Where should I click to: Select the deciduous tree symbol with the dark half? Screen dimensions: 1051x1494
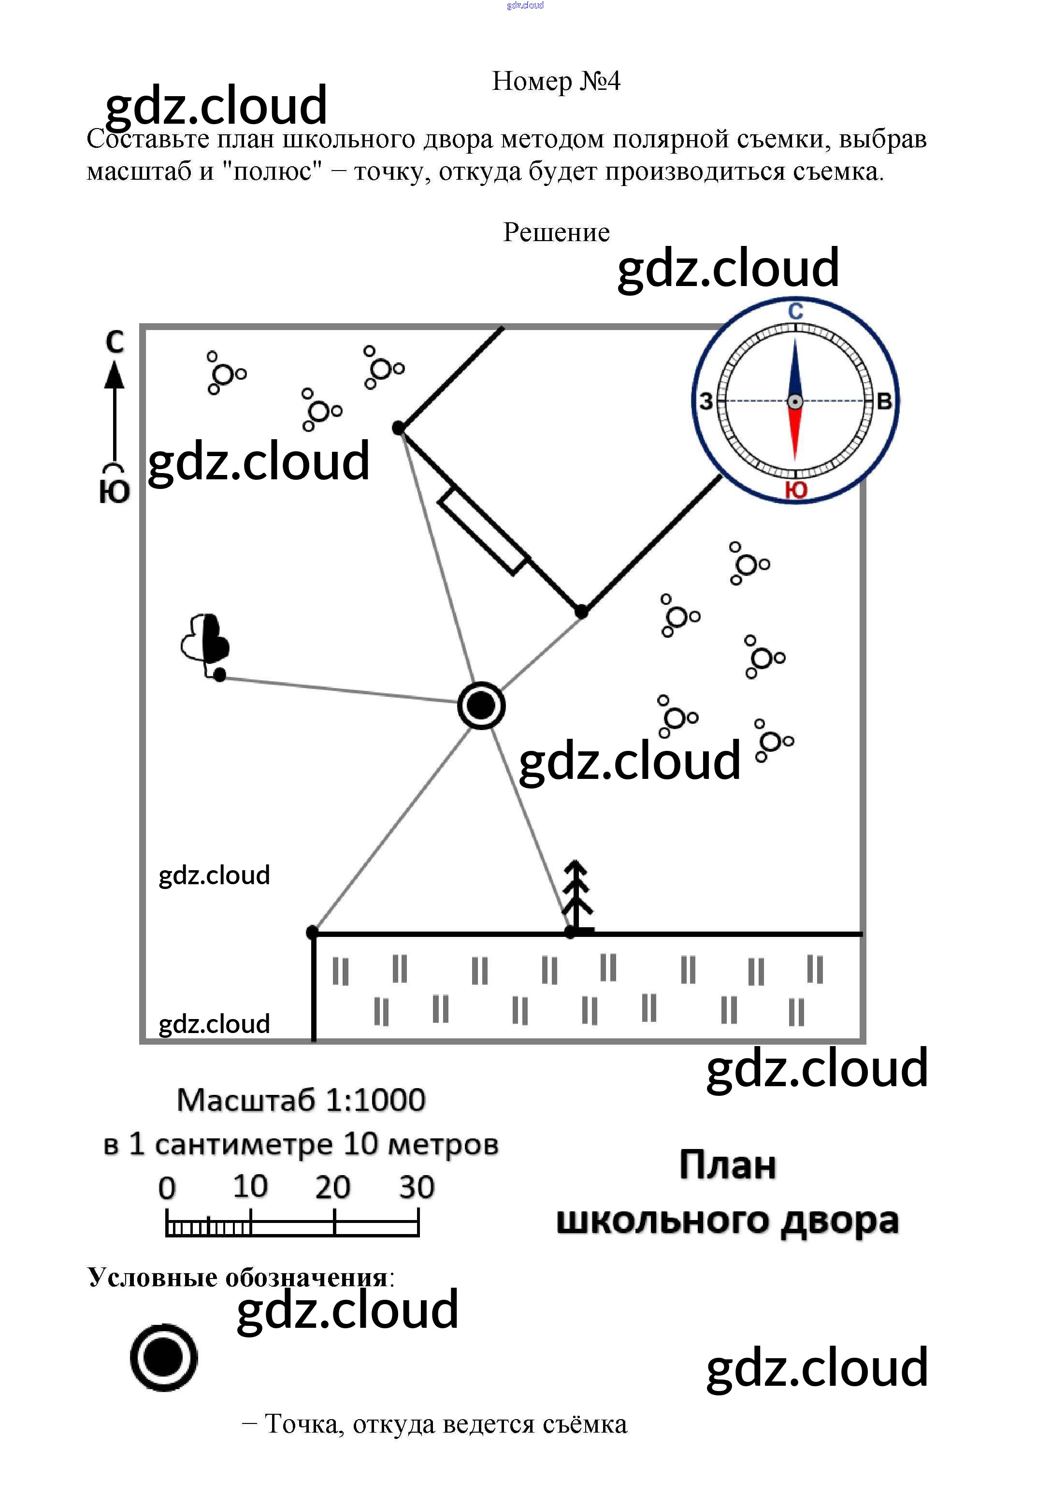206,640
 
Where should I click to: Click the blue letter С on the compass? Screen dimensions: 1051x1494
795,312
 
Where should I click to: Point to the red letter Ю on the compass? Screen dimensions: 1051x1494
796,490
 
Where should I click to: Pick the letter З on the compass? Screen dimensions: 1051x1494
706,402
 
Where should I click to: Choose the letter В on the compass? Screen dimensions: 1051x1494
884,402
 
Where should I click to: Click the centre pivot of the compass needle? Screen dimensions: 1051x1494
794,402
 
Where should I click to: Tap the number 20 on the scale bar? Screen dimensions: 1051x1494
332,1188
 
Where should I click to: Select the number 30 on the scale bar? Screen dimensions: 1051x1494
417,1188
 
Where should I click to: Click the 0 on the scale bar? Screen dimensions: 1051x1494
167,1189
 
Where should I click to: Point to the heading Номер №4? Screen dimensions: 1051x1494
556,81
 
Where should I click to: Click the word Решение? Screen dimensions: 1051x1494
556,232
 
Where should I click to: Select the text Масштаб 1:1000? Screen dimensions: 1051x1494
301,1100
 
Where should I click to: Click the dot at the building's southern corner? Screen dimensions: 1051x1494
581,612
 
